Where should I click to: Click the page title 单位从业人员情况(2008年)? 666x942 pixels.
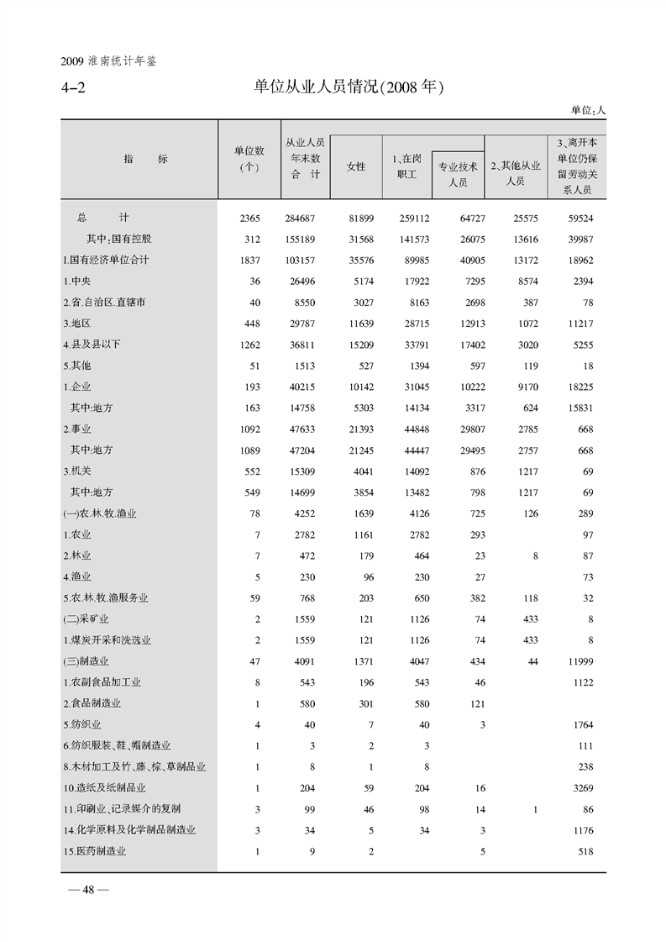(x=348, y=87)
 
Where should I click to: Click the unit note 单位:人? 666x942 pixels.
(x=588, y=110)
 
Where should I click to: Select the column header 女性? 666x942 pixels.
(x=356, y=166)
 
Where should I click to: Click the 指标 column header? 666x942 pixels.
(x=139, y=159)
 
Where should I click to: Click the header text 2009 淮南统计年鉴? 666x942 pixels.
(x=110, y=61)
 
